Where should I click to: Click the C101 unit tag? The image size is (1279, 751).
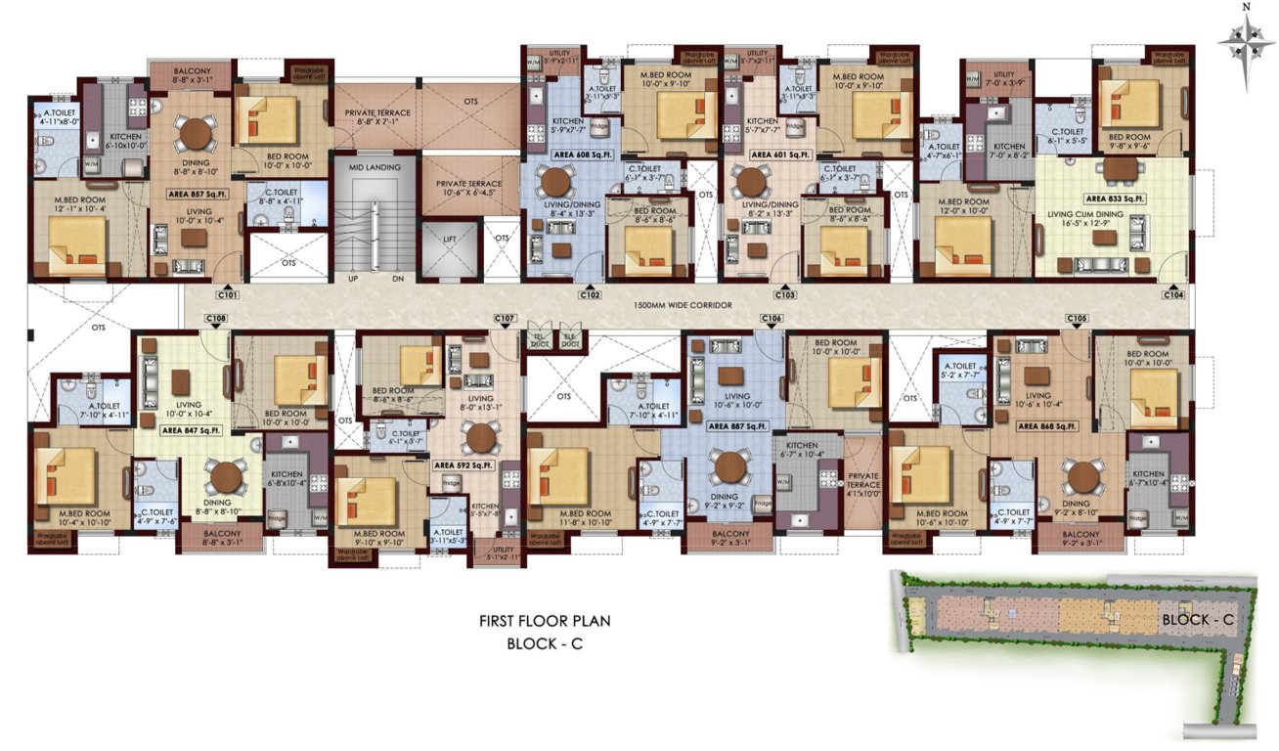pos(228,293)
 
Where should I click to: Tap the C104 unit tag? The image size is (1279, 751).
pos(1174,293)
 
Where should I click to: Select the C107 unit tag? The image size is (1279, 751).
pos(505,319)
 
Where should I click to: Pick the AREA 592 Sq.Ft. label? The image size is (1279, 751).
pos(463,464)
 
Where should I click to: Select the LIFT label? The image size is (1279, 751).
pos(451,238)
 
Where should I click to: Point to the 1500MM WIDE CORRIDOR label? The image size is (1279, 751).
pos(681,306)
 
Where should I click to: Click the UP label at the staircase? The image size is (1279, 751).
pos(353,279)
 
